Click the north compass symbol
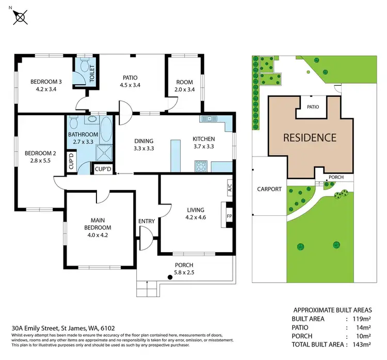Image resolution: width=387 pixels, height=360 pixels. [x=20, y=17]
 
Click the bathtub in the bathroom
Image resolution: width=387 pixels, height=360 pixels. [x=106, y=134]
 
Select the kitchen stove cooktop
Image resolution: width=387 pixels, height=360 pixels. [x=201, y=166]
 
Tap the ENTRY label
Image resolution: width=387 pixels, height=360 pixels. [x=147, y=222]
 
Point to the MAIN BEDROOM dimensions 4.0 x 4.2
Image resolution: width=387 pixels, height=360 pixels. [x=98, y=235]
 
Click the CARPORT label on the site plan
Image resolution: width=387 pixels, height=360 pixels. [x=269, y=189]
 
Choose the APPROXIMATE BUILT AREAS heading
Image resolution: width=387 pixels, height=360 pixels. [x=332, y=310]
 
